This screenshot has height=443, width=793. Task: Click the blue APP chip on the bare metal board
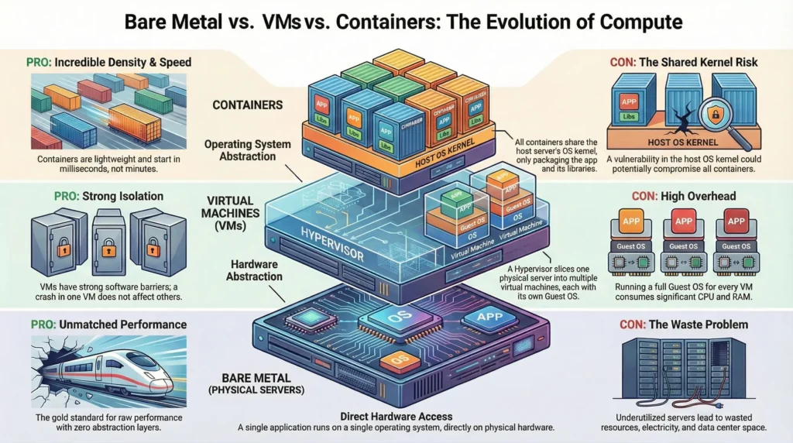point(486,316)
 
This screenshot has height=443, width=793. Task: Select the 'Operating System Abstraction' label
point(247,150)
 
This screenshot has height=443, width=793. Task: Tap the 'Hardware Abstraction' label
point(244,270)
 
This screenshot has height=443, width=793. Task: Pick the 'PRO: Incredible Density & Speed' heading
point(109,61)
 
